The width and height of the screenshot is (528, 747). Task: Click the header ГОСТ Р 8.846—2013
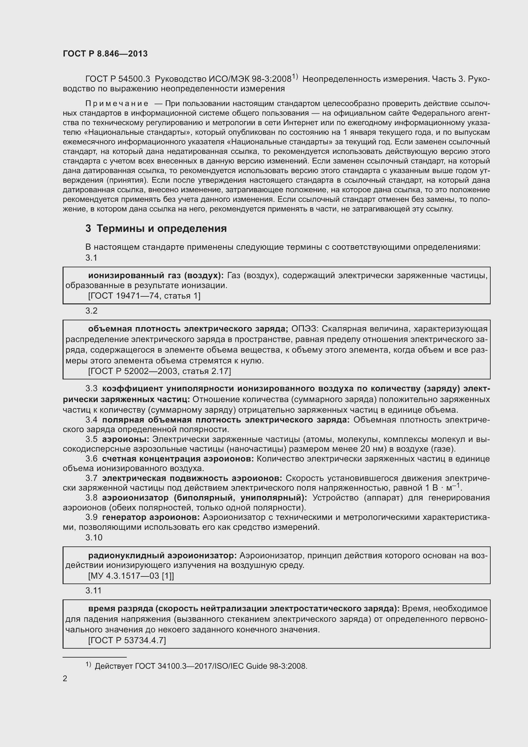pyautogui.click(x=105, y=54)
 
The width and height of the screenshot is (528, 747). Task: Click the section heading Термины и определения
pyautogui.click(x=162, y=229)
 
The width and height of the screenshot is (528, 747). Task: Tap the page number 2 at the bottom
pyautogui.click(x=65, y=679)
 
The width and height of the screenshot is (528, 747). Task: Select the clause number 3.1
pyautogui.click(x=91, y=258)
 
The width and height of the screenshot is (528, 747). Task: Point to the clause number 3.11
pyautogui.click(x=94, y=590)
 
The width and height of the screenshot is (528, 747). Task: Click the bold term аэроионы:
pyautogui.click(x=125, y=439)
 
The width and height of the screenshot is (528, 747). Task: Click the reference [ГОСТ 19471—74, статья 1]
pyautogui.click(x=144, y=296)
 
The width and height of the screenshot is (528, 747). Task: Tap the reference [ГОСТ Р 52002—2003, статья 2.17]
pyautogui.click(x=159, y=371)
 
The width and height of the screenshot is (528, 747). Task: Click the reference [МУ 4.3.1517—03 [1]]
pyautogui.click(x=131, y=576)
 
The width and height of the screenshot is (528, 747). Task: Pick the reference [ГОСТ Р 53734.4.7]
pyautogui.click(x=127, y=641)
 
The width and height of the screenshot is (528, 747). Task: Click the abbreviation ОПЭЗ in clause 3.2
pyautogui.click(x=304, y=329)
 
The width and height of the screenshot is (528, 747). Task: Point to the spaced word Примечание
pyautogui.click(x=117, y=103)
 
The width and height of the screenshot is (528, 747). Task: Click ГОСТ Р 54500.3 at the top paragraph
pyautogui.click(x=118, y=79)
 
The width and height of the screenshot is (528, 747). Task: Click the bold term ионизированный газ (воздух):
pyautogui.click(x=156, y=276)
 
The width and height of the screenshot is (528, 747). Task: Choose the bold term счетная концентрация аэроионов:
pyautogui.click(x=178, y=459)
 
